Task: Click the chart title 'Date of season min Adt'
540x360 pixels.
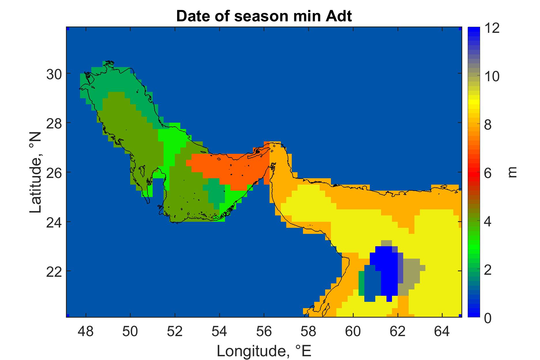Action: pyautogui.click(x=264, y=16)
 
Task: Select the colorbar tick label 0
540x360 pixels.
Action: pyautogui.click(x=488, y=317)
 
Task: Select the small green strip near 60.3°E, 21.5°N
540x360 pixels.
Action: pyautogui.click(x=361, y=283)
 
